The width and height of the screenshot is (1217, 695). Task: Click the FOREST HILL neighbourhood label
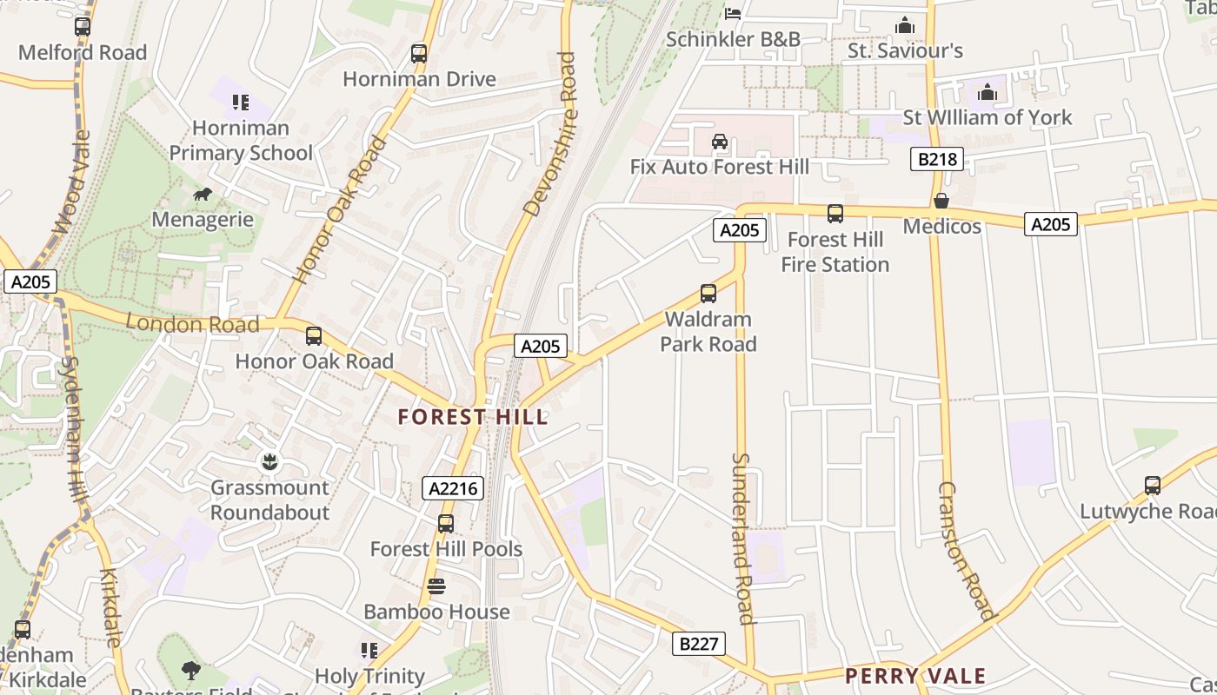click(x=473, y=417)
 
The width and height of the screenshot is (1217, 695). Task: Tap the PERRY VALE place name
click(x=915, y=676)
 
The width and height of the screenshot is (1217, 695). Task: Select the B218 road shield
click(x=937, y=159)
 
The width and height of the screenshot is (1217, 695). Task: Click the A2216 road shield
click(x=454, y=488)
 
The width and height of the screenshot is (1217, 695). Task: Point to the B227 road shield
click(x=699, y=644)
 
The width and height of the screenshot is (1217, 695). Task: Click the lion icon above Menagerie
click(x=203, y=194)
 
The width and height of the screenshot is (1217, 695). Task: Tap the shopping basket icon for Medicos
click(x=941, y=202)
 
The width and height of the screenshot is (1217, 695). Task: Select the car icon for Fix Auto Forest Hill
click(x=720, y=142)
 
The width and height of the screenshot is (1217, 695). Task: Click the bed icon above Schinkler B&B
click(x=733, y=13)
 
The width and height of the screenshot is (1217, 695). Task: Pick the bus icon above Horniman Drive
click(x=419, y=54)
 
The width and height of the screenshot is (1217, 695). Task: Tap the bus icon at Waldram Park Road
click(x=708, y=294)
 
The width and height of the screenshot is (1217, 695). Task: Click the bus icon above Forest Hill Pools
click(x=446, y=524)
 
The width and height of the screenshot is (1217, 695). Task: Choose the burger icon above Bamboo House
click(x=436, y=586)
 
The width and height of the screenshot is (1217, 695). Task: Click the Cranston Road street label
click(x=965, y=552)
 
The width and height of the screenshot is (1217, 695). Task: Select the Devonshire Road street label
click(x=551, y=135)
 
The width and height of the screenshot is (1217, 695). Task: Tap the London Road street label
click(x=193, y=324)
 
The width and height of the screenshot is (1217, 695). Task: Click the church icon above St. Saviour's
click(x=905, y=26)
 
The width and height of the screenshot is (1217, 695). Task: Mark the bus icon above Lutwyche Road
click(x=1153, y=486)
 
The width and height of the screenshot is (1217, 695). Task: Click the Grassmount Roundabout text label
click(x=270, y=500)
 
